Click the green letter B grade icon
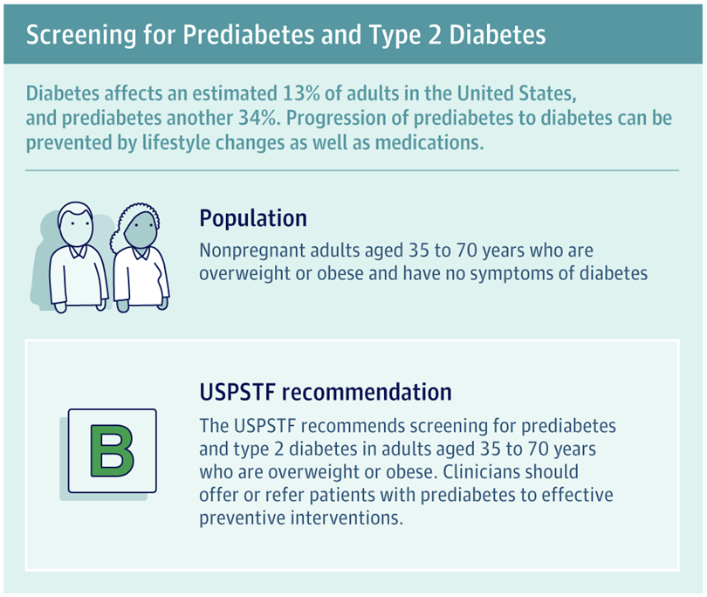111,450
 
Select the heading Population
253,217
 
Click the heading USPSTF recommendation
326,392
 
